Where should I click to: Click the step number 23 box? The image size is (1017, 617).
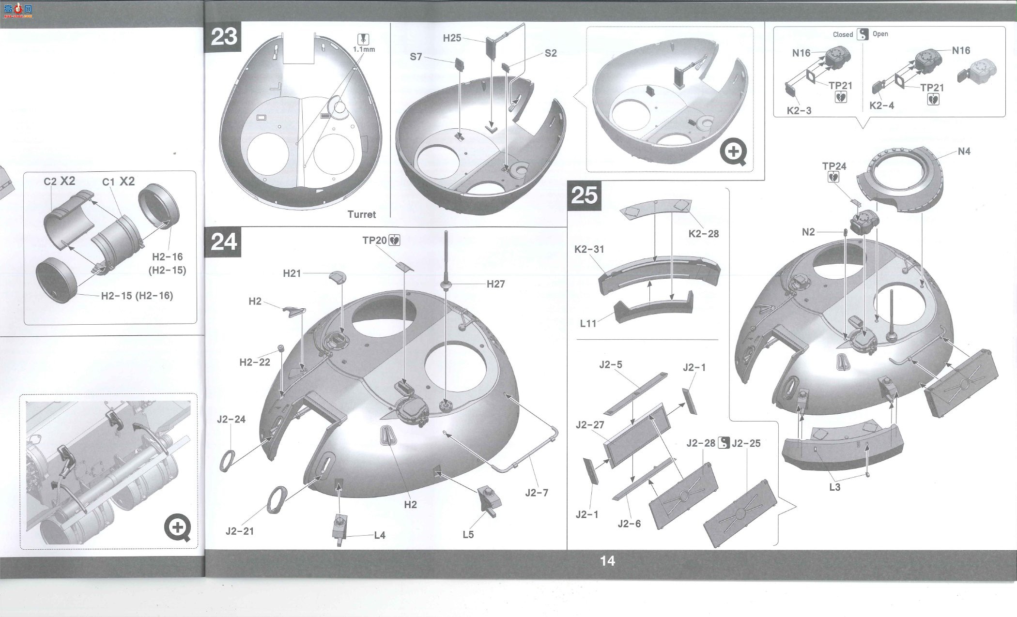(x=224, y=37)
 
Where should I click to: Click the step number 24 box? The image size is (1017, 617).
(x=224, y=241)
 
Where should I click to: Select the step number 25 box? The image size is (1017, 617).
(x=584, y=195)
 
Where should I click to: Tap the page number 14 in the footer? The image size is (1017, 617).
(x=607, y=560)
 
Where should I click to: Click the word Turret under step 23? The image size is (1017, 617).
(x=361, y=214)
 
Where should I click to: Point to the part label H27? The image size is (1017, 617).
(x=495, y=284)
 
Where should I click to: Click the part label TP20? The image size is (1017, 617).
(x=374, y=240)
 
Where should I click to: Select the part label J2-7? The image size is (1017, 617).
(x=537, y=493)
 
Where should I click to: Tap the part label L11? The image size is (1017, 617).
(x=588, y=323)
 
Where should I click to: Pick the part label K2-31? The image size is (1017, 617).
(x=589, y=249)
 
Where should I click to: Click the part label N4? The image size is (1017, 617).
(x=964, y=151)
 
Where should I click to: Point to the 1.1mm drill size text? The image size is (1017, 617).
(x=364, y=49)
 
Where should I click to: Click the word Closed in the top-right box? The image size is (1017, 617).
(x=843, y=34)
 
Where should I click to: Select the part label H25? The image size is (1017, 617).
(x=452, y=38)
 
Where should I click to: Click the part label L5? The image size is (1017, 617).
(x=468, y=535)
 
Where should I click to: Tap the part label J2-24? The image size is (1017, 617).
(x=231, y=419)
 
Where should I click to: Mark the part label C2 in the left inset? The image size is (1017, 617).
(x=50, y=181)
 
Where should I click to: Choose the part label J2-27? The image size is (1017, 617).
(x=590, y=425)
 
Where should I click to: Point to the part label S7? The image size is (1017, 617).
(x=416, y=57)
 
